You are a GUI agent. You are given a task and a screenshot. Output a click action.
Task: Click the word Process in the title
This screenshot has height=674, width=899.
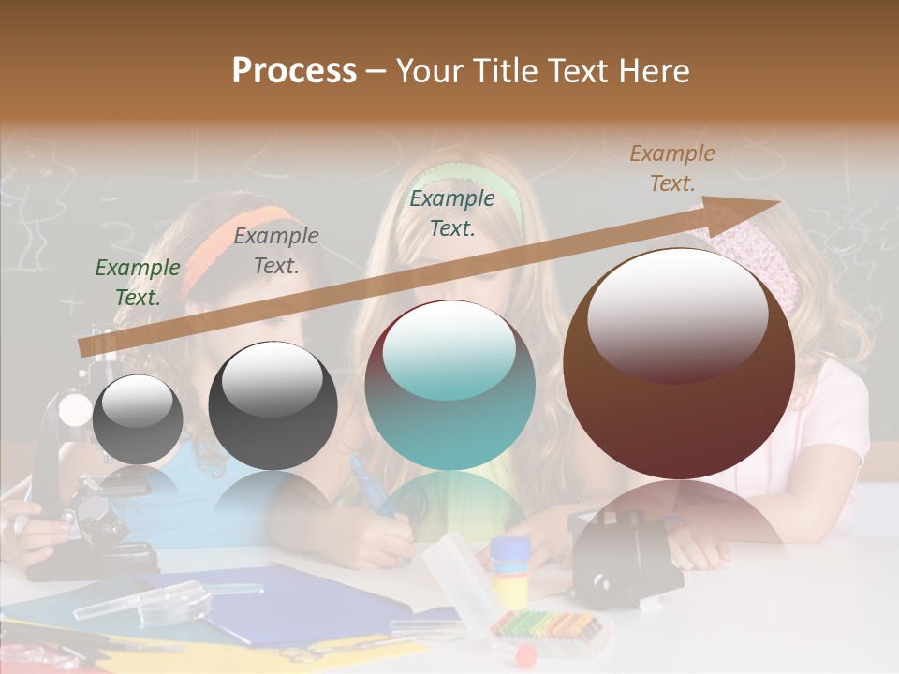(x=294, y=71)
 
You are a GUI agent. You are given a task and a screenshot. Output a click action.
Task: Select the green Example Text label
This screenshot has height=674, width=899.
(x=138, y=282)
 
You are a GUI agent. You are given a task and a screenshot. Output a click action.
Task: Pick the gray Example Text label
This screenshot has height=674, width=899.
(x=276, y=250)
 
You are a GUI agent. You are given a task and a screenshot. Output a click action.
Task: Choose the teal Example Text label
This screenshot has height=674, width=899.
(x=452, y=212)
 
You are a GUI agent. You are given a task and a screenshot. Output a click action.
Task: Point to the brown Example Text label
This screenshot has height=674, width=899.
(x=672, y=168)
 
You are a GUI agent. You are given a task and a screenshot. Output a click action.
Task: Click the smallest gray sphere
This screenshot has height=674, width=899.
(x=138, y=419)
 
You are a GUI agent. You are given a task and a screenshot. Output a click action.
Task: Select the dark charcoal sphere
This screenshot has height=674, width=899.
(x=273, y=405)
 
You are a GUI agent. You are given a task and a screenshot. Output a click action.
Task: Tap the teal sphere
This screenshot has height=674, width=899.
(x=450, y=385)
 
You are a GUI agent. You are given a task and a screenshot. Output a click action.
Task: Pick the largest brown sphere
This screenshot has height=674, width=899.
(x=679, y=363)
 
